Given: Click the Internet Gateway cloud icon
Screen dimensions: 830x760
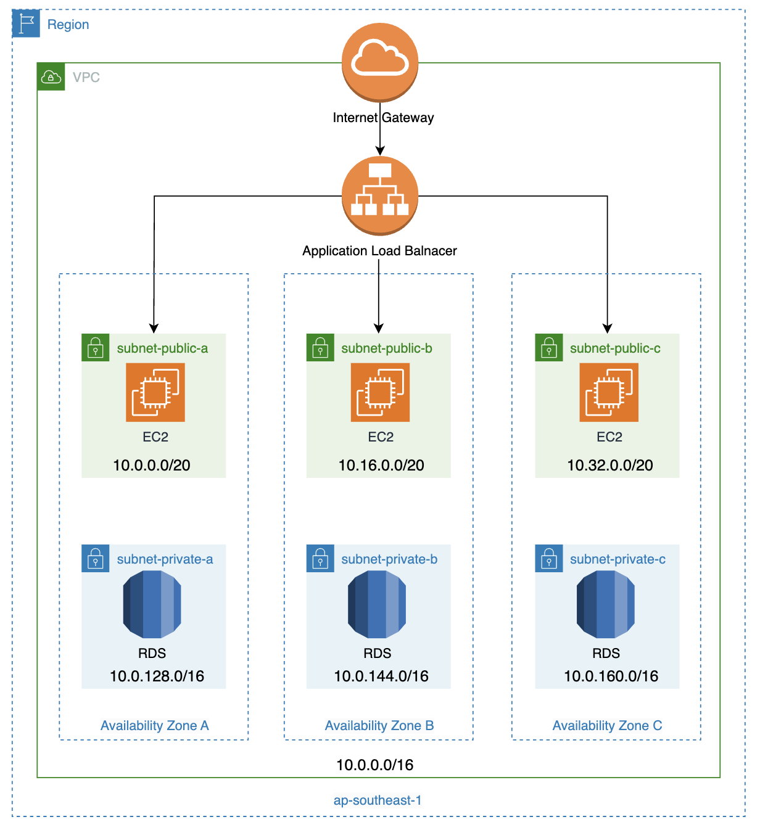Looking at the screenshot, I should (x=380, y=61).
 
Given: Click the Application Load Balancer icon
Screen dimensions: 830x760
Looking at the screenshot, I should (x=380, y=195).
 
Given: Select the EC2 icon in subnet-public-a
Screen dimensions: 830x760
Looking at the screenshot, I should (x=155, y=392).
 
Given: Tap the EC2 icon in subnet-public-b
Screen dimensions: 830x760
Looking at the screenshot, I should (x=380, y=392).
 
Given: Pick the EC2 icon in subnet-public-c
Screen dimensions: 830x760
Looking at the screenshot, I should (x=609, y=392).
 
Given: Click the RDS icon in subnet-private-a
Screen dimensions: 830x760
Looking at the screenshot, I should (x=152, y=604).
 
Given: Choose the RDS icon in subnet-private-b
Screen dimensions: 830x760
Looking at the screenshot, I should (x=377, y=604).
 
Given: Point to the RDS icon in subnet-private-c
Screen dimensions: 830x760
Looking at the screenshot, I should (x=606, y=604).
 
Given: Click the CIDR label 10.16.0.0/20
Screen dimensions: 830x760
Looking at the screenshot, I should (x=381, y=466).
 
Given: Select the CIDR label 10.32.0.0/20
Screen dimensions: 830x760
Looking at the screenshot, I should (x=610, y=466).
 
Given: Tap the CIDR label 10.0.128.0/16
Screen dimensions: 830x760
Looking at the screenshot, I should (x=157, y=676).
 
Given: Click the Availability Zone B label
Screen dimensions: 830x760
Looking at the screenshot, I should (x=379, y=726).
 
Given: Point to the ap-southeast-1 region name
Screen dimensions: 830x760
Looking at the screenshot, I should (x=378, y=800).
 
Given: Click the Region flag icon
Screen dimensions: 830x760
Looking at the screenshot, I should (x=26, y=23).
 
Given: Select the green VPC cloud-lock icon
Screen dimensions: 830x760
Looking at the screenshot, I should (x=51, y=77).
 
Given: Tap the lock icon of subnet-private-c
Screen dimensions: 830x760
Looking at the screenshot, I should (x=549, y=559).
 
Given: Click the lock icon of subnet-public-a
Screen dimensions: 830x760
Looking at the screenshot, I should (x=95, y=348).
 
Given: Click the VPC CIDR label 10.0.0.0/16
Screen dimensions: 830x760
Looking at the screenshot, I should (x=375, y=765).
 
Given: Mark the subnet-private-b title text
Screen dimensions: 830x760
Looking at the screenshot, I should (x=389, y=559).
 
